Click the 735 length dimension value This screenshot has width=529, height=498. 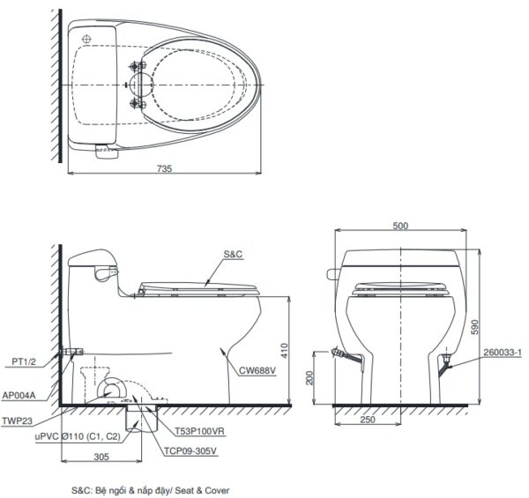[164, 168]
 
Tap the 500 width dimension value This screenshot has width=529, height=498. [400, 226]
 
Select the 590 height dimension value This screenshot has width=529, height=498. [474, 327]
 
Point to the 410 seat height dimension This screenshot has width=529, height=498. [284, 350]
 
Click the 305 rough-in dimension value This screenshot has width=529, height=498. [101, 457]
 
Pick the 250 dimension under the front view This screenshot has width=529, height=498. [368, 420]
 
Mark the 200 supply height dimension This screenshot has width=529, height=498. [309, 377]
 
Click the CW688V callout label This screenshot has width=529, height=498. [257, 370]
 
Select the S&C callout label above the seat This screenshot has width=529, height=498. [233, 254]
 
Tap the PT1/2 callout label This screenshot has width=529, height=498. [24, 361]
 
